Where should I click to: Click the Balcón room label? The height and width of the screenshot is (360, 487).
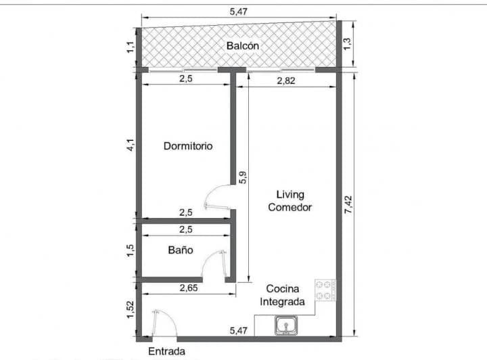click(x=243, y=45)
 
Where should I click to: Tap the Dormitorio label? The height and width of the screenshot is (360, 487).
click(x=188, y=146)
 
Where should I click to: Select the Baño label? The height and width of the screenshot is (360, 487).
click(x=181, y=250)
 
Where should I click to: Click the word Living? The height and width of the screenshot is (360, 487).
click(x=290, y=195)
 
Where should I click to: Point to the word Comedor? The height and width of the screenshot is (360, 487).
click(x=289, y=207)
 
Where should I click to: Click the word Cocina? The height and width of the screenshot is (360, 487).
click(x=283, y=288)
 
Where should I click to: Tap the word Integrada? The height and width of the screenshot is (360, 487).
click(x=282, y=302)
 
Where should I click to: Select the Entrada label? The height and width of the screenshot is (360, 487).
click(x=166, y=351)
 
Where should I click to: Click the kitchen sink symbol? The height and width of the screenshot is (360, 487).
click(x=285, y=325)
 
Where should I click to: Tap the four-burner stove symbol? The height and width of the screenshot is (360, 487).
click(x=325, y=290)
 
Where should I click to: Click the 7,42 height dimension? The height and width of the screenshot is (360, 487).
click(x=348, y=204)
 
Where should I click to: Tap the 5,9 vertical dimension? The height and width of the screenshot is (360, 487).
click(x=243, y=177)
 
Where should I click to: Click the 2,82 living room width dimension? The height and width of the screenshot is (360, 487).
click(x=285, y=81)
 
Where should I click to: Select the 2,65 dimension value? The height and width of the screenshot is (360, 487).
click(x=189, y=288)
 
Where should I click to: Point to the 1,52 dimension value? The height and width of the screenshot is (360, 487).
click(x=130, y=309)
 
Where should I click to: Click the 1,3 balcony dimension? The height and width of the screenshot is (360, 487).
click(x=347, y=43)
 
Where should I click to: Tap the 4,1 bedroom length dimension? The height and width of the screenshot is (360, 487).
click(x=131, y=145)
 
